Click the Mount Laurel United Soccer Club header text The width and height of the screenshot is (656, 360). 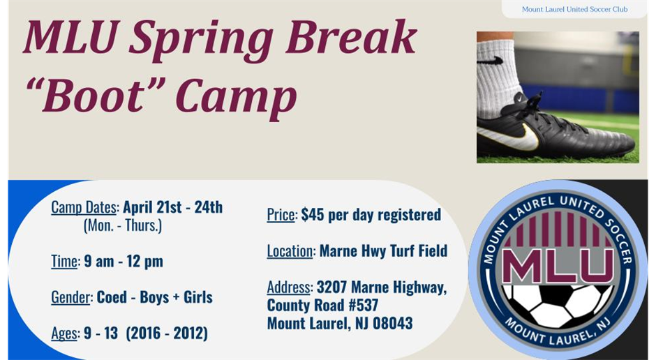point(574,9)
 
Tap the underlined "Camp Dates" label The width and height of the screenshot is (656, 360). point(84,207)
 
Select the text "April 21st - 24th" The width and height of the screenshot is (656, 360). point(173,207)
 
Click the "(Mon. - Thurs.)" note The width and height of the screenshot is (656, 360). point(123,226)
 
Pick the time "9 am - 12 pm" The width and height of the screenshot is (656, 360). point(124,262)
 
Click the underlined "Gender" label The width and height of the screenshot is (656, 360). point(70,298)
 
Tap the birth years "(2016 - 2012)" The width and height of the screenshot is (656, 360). point(167,333)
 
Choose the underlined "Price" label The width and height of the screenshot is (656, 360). point(281,215)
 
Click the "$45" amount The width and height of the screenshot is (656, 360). point(313,214)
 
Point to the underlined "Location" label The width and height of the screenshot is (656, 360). point(290,251)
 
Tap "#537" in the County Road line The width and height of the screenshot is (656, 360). point(364,305)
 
